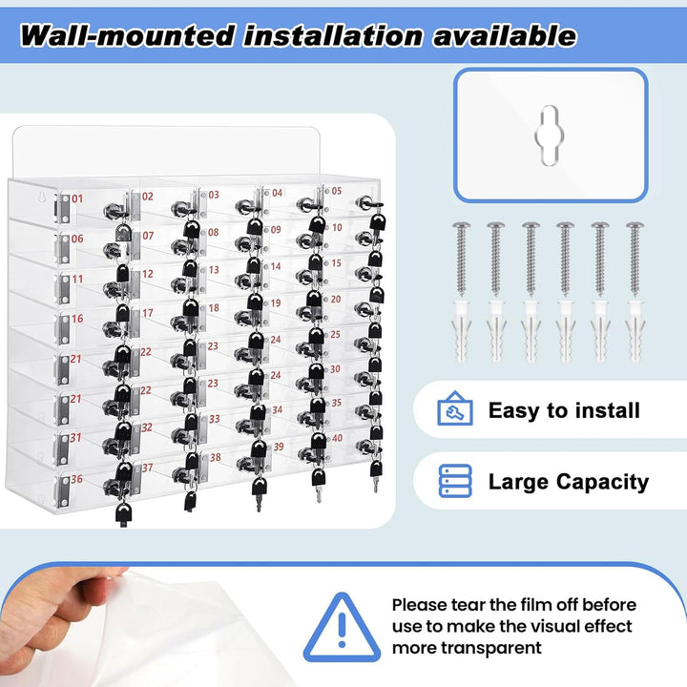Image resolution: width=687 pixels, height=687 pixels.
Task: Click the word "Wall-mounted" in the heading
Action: pos(127,36)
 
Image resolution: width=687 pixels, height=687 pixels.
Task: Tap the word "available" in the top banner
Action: pos(505,35)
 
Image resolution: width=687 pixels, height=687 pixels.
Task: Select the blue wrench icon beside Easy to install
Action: pos(455,408)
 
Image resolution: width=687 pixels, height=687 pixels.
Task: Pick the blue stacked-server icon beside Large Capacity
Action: pos(455,481)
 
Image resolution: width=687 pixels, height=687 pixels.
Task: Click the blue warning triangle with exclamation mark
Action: pos(342,628)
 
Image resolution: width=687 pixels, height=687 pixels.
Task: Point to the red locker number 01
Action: pos(77,198)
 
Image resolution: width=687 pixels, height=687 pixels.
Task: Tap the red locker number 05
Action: pos(337,191)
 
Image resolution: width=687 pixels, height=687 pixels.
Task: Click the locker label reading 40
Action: pos(338,438)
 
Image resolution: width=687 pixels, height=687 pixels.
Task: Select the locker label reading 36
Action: pos(76,479)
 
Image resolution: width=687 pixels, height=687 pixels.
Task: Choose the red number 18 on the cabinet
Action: pos(214,308)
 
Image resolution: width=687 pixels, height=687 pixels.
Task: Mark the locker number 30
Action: pos(335,369)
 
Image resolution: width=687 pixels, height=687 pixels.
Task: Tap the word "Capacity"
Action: pos(602,483)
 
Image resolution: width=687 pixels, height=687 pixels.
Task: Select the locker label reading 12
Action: pos(148,274)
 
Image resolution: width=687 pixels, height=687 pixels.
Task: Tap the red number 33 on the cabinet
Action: pos(215,419)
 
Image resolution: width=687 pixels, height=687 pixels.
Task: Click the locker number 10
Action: pos(337,227)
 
